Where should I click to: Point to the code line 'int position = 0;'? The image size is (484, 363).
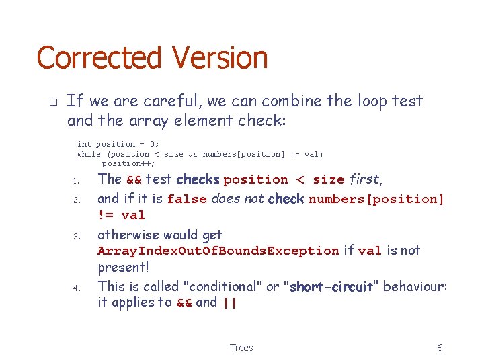118,144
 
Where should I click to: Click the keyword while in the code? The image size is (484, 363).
89,154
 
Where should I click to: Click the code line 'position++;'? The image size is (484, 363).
128,163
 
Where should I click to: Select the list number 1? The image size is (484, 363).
77,181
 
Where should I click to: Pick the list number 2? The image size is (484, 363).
77,200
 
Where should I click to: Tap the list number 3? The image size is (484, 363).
77,236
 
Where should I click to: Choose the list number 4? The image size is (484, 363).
77,288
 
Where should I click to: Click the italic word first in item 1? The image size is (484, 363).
365,179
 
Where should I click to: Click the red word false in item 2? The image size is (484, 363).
187,199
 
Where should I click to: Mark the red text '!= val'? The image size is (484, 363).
122,215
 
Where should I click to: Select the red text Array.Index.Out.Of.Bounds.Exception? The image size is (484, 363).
218,251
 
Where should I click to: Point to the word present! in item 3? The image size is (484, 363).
123,267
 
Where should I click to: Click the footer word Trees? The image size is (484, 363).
241,348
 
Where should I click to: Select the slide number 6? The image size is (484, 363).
440,348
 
